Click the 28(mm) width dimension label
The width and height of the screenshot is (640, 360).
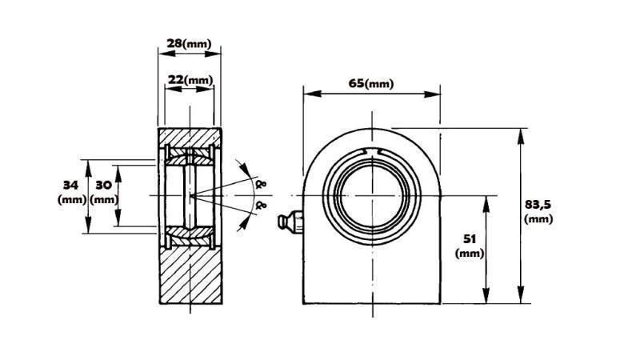[189, 43]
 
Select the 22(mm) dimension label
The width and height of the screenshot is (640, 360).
[190, 80]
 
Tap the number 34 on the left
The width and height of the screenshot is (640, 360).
[70, 185]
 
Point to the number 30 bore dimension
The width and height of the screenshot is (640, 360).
[103, 185]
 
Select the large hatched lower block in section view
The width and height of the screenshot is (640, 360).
[190, 276]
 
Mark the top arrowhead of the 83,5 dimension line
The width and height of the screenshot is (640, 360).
[521, 131]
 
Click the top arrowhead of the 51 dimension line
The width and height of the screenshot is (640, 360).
[486, 200]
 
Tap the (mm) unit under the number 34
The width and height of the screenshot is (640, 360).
[71, 200]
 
